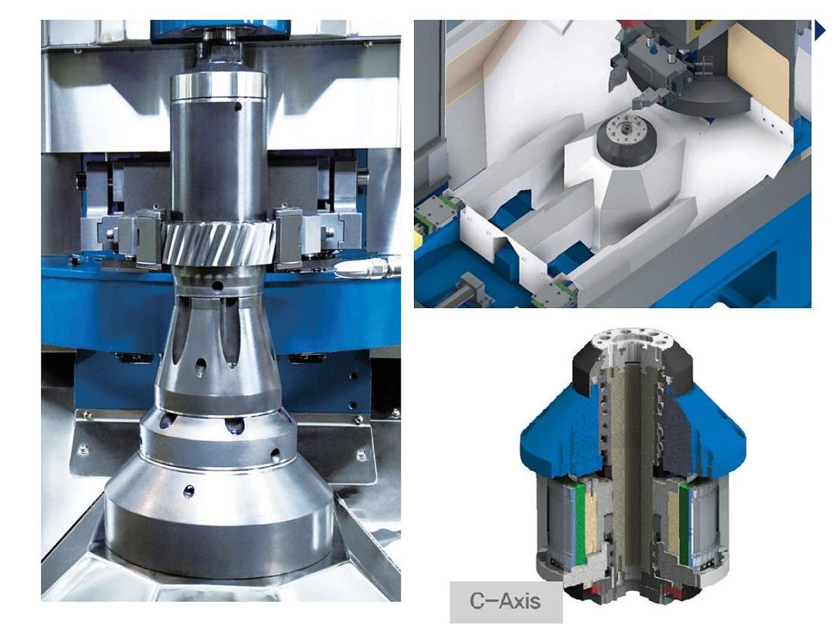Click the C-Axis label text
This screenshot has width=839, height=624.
[505, 600]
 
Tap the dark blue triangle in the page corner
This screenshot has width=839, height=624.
[819, 30]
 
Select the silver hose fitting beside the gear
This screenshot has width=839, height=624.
[367, 268]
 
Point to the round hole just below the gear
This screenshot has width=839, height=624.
[217, 286]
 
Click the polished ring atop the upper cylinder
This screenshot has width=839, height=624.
[219, 85]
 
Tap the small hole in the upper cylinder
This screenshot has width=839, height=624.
[238, 107]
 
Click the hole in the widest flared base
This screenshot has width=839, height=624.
[188, 491]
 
